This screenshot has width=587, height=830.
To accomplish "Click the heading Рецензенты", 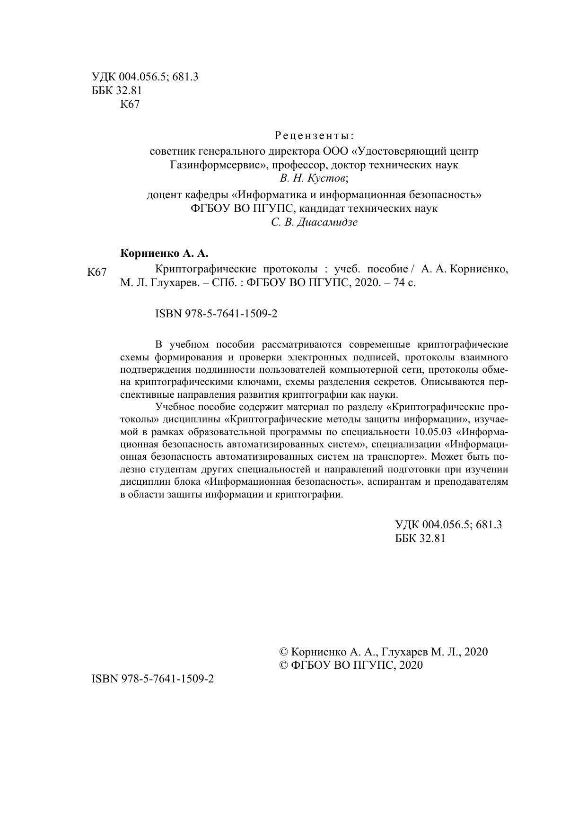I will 314,136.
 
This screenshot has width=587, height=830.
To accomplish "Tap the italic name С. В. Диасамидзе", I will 314,222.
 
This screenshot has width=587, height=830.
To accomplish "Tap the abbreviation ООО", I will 336,151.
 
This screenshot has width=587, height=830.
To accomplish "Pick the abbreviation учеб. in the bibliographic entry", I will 347,270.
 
